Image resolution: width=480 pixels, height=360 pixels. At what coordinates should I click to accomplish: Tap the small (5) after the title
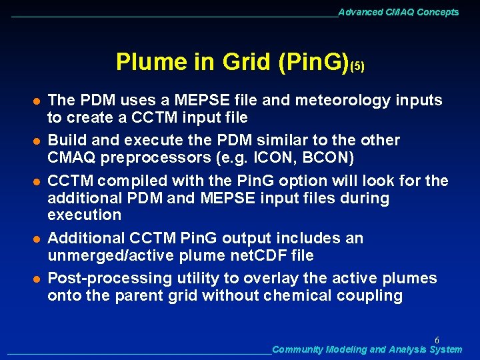pyautogui.click(x=357, y=66)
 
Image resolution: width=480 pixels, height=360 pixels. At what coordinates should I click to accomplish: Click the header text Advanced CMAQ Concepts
pyautogui.click(x=398, y=12)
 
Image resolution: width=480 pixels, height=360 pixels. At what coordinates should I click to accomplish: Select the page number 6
pyautogui.click(x=437, y=339)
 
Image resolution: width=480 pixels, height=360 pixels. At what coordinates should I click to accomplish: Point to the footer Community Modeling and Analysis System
pyautogui.click(x=367, y=349)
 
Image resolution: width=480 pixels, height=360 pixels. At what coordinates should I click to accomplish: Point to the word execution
pyautogui.click(x=84, y=215)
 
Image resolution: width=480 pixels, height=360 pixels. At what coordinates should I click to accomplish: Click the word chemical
pyautogui.click(x=299, y=296)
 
